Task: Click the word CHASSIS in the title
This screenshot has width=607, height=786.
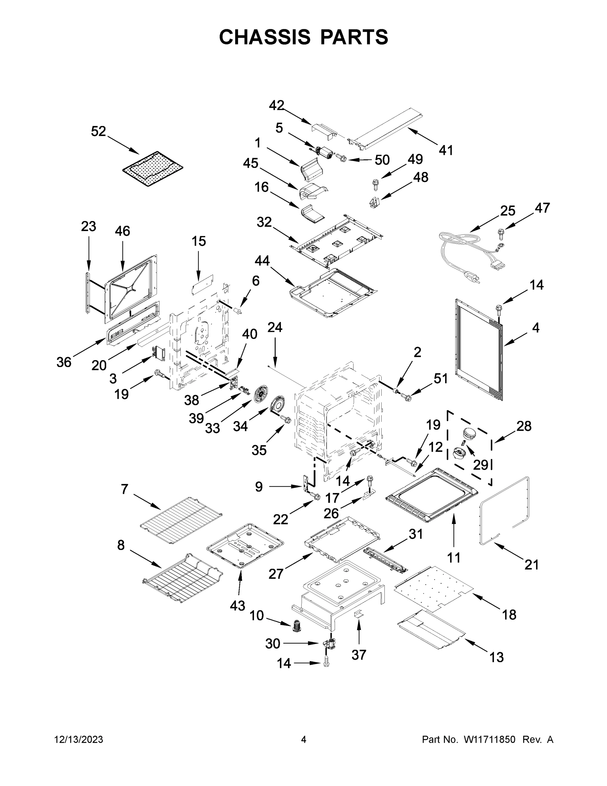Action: (265, 37)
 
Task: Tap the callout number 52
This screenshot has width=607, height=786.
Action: (98, 131)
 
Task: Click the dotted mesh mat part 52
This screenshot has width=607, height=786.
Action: (152, 169)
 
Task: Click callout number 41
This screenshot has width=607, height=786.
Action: (446, 150)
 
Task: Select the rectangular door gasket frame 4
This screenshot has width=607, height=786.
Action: (478, 349)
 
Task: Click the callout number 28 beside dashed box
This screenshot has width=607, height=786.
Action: (524, 426)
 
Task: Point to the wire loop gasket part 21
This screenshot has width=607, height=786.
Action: (505, 511)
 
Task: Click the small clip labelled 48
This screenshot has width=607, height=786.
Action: (374, 203)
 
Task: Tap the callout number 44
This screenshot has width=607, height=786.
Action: (262, 261)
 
